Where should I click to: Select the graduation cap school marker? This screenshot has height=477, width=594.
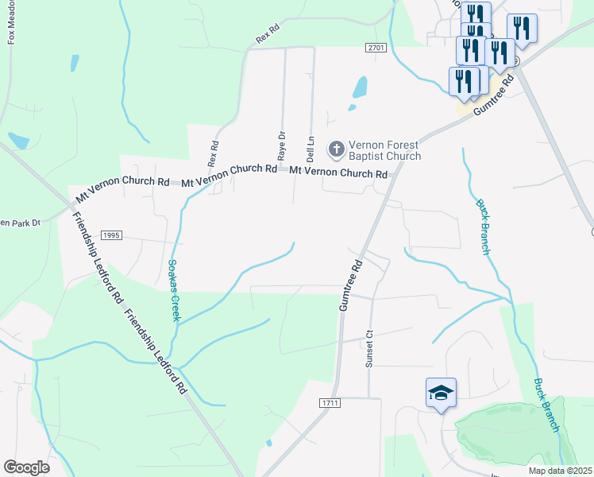[x=441, y=393]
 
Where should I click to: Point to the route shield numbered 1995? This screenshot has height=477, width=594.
[x=111, y=235]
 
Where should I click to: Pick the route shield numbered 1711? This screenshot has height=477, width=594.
[x=332, y=404]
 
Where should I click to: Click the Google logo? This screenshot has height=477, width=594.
[x=26, y=467]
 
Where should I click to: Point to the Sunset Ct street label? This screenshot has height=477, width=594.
[x=368, y=349]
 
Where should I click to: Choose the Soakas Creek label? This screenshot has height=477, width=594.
[x=174, y=290]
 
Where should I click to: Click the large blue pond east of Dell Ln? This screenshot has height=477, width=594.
[x=359, y=87]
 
